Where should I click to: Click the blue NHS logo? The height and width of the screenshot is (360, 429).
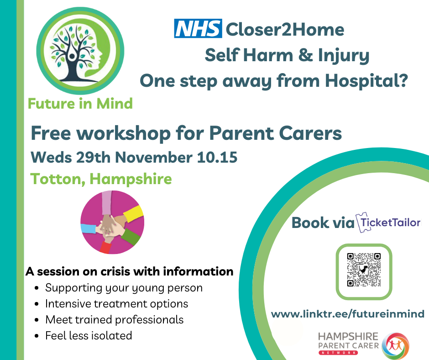tap(198, 28)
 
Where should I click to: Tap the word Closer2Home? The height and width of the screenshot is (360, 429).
tap(285, 30)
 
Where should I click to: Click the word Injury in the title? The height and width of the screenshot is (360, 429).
tap(343, 56)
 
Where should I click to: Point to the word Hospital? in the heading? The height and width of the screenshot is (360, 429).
tap(366, 81)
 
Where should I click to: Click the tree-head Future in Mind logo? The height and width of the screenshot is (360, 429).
tap(80, 51)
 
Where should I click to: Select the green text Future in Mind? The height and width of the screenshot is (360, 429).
tap(80, 104)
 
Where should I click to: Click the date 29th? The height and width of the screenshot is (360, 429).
tap(93, 158)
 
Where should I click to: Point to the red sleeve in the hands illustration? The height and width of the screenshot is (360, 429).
tap(105, 248)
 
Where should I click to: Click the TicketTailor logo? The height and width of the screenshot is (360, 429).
tap(388, 222)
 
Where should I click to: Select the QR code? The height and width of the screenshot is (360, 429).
tap(364, 270)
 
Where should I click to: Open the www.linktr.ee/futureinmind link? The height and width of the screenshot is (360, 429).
tap(348, 314)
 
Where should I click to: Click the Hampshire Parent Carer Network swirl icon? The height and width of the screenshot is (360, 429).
tap(396, 345)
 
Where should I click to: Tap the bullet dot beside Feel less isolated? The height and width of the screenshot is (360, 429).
tap(37, 336)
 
